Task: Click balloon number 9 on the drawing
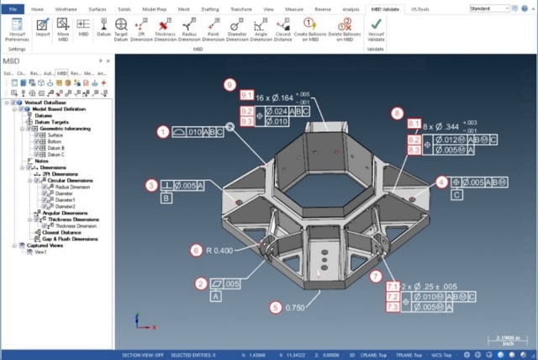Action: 229,83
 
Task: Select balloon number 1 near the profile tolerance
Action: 162,131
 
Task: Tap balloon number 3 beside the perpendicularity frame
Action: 150,185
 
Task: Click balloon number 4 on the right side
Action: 441,182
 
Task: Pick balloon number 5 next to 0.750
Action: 275,307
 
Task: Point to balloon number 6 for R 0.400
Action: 196,250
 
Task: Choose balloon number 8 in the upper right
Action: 398,113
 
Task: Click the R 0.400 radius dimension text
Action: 221,250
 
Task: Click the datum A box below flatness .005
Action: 215,296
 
